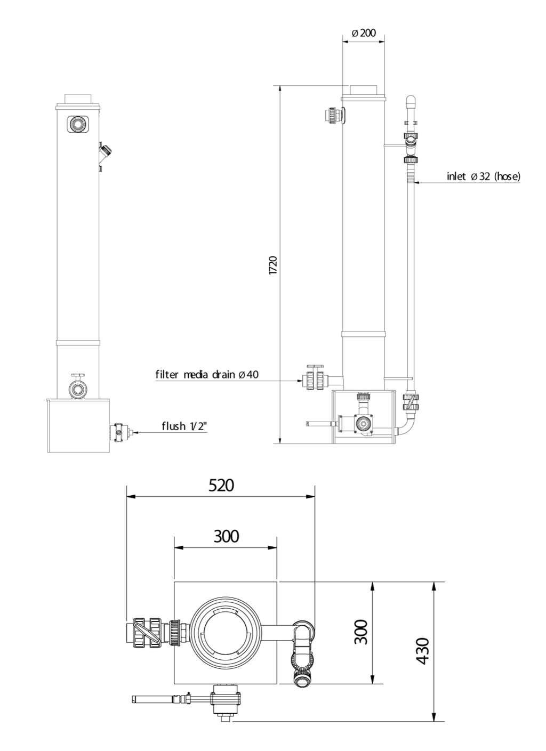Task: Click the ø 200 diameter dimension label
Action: [x=364, y=33]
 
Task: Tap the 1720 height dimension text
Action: [x=273, y=265]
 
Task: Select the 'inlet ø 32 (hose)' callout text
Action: [x=483, y=176]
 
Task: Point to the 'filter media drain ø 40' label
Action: [x=207, y=374]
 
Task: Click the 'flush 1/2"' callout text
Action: [x=184, y=426]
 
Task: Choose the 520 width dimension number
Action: [x=221, y=485]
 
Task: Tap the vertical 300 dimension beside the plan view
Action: [x=361, y=632]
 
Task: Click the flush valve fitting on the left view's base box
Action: [x=121, y=433]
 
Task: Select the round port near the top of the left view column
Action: [x=78, y=124]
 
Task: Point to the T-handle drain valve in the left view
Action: [x=78, y=386]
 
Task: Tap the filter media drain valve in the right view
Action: [x=315, y=378]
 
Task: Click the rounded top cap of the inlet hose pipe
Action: [x=411, y=101]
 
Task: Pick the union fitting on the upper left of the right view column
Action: [x=334, y=116]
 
